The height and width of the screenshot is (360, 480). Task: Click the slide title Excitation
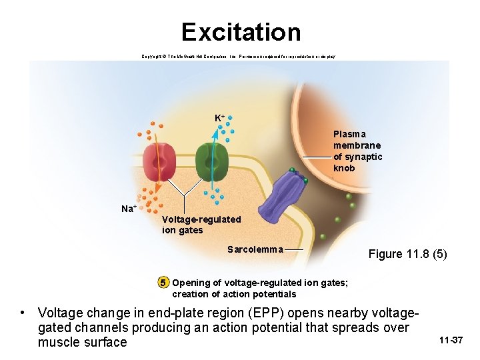click(241, 32)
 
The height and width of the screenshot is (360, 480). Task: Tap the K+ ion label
click(219, 118)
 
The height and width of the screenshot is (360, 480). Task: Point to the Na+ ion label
click(129, 209)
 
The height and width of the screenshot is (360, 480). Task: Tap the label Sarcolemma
click(255, 250)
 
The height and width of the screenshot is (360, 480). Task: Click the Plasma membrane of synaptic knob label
click(358, 151)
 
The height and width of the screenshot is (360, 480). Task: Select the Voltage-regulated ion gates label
click(201, 225)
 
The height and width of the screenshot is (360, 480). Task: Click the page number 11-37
click(451, 341)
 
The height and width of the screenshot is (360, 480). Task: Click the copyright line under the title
click(239, 57)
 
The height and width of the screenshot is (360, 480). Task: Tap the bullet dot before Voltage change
click(23, 313)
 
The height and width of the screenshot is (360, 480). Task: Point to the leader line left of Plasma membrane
click(317, 157)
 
